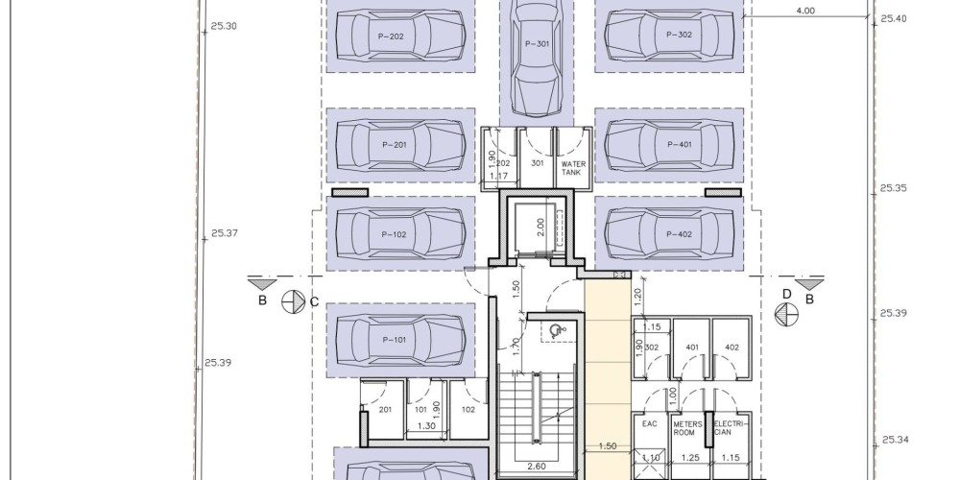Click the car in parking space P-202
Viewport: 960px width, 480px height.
(400, 36)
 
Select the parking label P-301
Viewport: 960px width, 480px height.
(537, 44)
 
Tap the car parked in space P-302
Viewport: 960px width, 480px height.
(669, 36)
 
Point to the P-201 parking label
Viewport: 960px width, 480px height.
(395, 145)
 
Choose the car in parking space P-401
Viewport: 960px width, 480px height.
(669, 145)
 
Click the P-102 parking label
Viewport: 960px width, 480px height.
(394, 234)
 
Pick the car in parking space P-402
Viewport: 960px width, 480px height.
(669, 234)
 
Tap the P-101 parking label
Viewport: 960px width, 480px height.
(394, 340)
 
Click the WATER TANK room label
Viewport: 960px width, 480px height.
(573, 168)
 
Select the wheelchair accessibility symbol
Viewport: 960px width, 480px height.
(555, 331)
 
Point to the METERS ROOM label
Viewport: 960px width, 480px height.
(687, 428)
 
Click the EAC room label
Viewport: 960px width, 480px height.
(650, 423)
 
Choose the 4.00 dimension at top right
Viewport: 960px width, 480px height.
(805, 11)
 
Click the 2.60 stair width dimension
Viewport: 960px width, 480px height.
(536, 467)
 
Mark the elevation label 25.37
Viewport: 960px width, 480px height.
(225, 233)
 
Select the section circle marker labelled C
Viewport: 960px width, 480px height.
(293, 301)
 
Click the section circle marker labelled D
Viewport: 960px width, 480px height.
(786, 315)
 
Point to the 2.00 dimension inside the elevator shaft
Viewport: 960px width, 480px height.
(540, 228)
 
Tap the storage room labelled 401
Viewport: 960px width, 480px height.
(692, 348)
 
